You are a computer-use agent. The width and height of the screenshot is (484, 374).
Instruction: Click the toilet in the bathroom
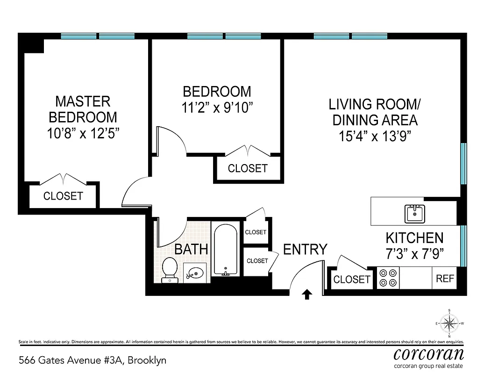pyautogui.click(x=169, y=271)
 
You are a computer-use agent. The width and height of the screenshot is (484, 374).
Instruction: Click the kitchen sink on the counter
pyautogui.click(x=414, y=214)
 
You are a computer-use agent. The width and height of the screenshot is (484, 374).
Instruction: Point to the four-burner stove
pyautogui.click(x=388, y=278)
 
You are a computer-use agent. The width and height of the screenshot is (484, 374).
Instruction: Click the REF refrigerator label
pyautogui.click(x=445, y=279)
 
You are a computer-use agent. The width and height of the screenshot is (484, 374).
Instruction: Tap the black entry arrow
pyautogui.click(x=307, y=294)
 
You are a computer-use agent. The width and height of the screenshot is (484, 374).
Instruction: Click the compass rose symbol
pyautogui.click(x=449, y=323)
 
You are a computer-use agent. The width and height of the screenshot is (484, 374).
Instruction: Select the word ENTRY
pyautogui.click(x=305, y=250)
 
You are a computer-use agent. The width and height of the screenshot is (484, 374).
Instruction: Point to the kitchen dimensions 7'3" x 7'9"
pyautogui.click(x=414, y=254)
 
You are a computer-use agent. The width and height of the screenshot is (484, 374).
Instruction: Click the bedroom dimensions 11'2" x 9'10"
pyautogui.click(x=217, y=108)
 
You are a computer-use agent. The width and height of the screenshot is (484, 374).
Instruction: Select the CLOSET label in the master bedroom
pyautogui.click(x=63, y=196)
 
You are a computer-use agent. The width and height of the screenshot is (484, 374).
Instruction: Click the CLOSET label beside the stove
pyautogui.click(x=351, y=280)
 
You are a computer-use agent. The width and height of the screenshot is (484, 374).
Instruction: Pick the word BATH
pyautogui.click(x=191, y=249)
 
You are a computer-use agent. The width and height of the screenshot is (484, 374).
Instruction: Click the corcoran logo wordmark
pyautogui.click(x=428, y=353)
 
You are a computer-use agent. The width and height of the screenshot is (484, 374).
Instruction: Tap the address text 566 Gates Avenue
pyautogui.click(x=92, y=360)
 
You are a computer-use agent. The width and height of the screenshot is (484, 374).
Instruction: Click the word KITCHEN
pyautogui.click(x=414, y=238)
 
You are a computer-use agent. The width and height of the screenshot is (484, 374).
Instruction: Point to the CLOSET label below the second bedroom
pyautogui.click(x=248, y=168)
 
